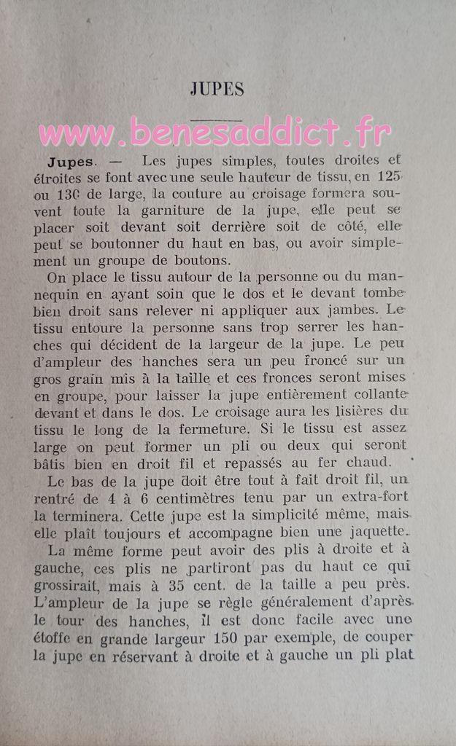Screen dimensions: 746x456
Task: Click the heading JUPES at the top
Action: point(217,90)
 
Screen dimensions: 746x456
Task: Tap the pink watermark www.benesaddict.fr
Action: point(215,133)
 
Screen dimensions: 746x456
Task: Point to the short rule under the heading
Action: point(217,119)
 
